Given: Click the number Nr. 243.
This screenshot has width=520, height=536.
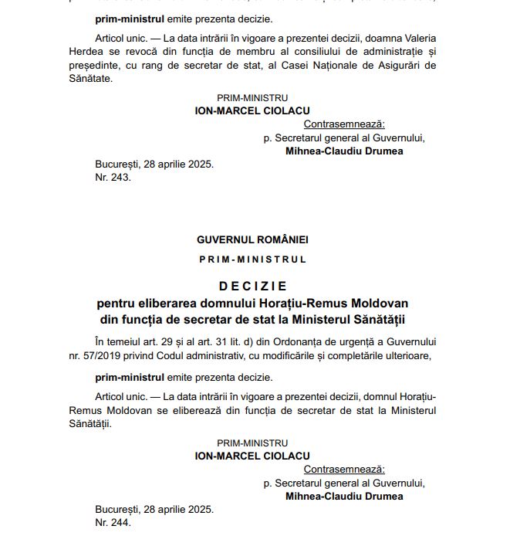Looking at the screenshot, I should click(113, 177).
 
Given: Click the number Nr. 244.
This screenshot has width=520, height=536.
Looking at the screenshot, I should click(113, 522).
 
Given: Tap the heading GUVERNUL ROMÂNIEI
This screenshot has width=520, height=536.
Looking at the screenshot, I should click(252, 240).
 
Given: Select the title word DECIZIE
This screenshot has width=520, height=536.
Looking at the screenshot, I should click(252, 286).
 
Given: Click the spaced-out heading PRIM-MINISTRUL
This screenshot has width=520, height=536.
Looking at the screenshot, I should click(252, 260).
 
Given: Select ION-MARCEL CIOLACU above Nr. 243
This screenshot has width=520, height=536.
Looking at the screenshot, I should click(252, 111).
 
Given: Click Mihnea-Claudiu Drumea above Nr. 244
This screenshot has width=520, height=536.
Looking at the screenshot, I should click(344, 497).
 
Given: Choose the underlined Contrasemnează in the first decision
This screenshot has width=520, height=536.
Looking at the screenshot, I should click(344, 124).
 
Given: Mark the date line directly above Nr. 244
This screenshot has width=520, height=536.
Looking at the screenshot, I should click(154, 509).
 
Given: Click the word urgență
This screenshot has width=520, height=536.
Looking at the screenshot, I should click(399, 342).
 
